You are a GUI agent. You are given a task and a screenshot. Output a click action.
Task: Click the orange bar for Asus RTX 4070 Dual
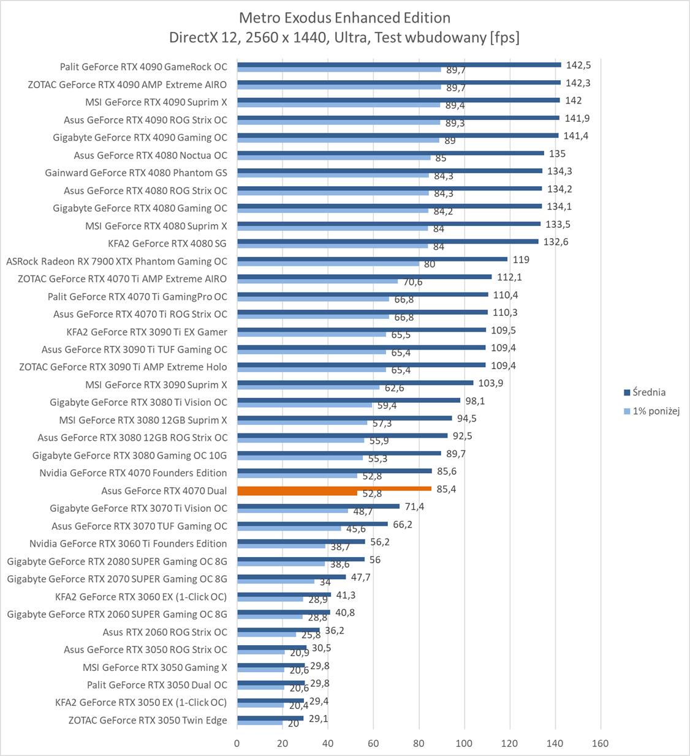pos(334,488)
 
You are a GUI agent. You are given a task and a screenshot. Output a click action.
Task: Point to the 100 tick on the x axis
pos(464,743)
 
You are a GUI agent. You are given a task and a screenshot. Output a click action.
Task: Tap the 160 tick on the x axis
pos(600,743)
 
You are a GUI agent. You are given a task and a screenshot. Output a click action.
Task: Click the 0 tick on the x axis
pos(237,743)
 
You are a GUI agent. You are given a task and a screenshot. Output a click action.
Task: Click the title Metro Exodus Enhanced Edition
pos(344,17)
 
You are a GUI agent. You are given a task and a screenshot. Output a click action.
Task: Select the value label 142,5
pos(578,65)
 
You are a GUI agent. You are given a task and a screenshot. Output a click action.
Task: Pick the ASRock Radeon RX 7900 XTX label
pos(116,261)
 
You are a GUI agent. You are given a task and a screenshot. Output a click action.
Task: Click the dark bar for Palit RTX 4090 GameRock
pos(399,64)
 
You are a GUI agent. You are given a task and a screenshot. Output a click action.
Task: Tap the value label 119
pos(521,260)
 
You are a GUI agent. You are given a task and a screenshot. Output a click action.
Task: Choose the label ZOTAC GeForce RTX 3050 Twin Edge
pos(147,720)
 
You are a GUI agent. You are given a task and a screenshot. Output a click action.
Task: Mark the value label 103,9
pos(490,383)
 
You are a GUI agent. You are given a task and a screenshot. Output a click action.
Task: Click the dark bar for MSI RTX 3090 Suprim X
pos(355,383)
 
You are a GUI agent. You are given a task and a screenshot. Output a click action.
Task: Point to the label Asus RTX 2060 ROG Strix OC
pos(165,632)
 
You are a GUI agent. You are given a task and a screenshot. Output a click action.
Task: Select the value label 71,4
pos(414,507)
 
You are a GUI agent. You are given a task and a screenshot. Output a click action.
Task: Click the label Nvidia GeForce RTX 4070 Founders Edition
pos(133,473)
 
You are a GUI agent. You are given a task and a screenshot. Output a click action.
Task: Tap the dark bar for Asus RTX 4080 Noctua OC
pos(390,153)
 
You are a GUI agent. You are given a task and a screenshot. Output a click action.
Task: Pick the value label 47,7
pos(360,577)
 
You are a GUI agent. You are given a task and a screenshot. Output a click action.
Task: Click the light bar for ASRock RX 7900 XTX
pos(328,264)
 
